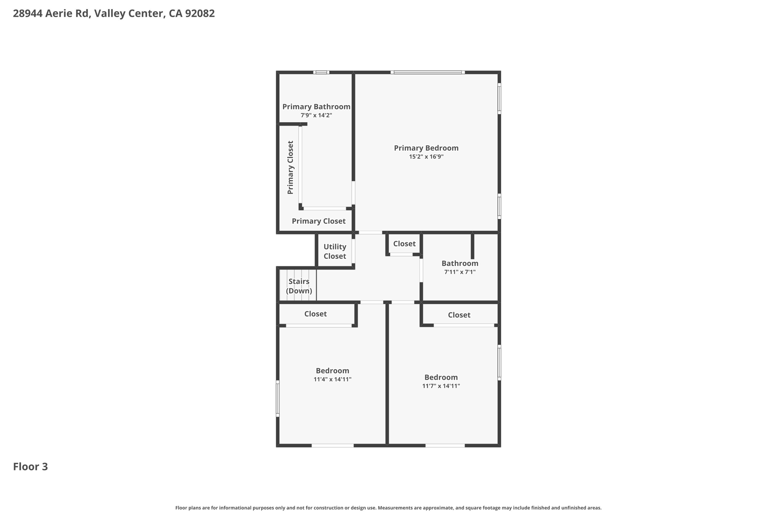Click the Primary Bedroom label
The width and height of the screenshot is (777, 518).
click(x=426, y=148)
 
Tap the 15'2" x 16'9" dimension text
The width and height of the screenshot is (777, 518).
click(x=426, y=157)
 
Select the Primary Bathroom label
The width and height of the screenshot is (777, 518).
click(x=316, y=107)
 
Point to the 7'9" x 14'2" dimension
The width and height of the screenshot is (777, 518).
click(x=316, y=115)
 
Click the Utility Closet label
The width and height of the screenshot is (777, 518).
click(x=335, y=251)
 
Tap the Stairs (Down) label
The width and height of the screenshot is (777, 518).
click(x=299, y=286)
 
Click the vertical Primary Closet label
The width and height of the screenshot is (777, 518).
click(x=291, y=168)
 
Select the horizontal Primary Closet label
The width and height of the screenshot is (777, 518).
click(x=318, y=221)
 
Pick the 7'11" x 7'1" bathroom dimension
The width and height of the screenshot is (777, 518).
click(x=460, y=272)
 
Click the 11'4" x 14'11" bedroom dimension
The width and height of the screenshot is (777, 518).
click(x=332, y=379)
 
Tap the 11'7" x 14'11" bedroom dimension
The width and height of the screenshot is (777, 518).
click(x=441, y=386)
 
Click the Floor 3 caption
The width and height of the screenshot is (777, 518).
click(x=30, y=467)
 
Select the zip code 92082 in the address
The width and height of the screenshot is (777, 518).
click(x=200, y=13)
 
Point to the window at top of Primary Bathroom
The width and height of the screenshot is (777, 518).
click(x=321, y=72)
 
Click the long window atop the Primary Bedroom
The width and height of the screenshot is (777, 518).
click(x=428, y=72)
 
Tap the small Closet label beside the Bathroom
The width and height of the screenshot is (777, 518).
click(x=404, y=244)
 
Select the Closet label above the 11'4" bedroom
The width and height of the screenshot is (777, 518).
click(x=315, y=314)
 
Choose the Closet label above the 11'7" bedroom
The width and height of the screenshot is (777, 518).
click(x=459, y=315)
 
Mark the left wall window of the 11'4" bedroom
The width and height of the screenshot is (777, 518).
click(x=278, y=398)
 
